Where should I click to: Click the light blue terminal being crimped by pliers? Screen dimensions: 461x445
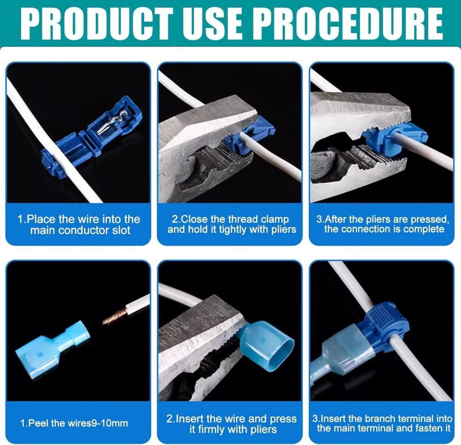265,345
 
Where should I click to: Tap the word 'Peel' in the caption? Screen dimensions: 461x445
38,423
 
